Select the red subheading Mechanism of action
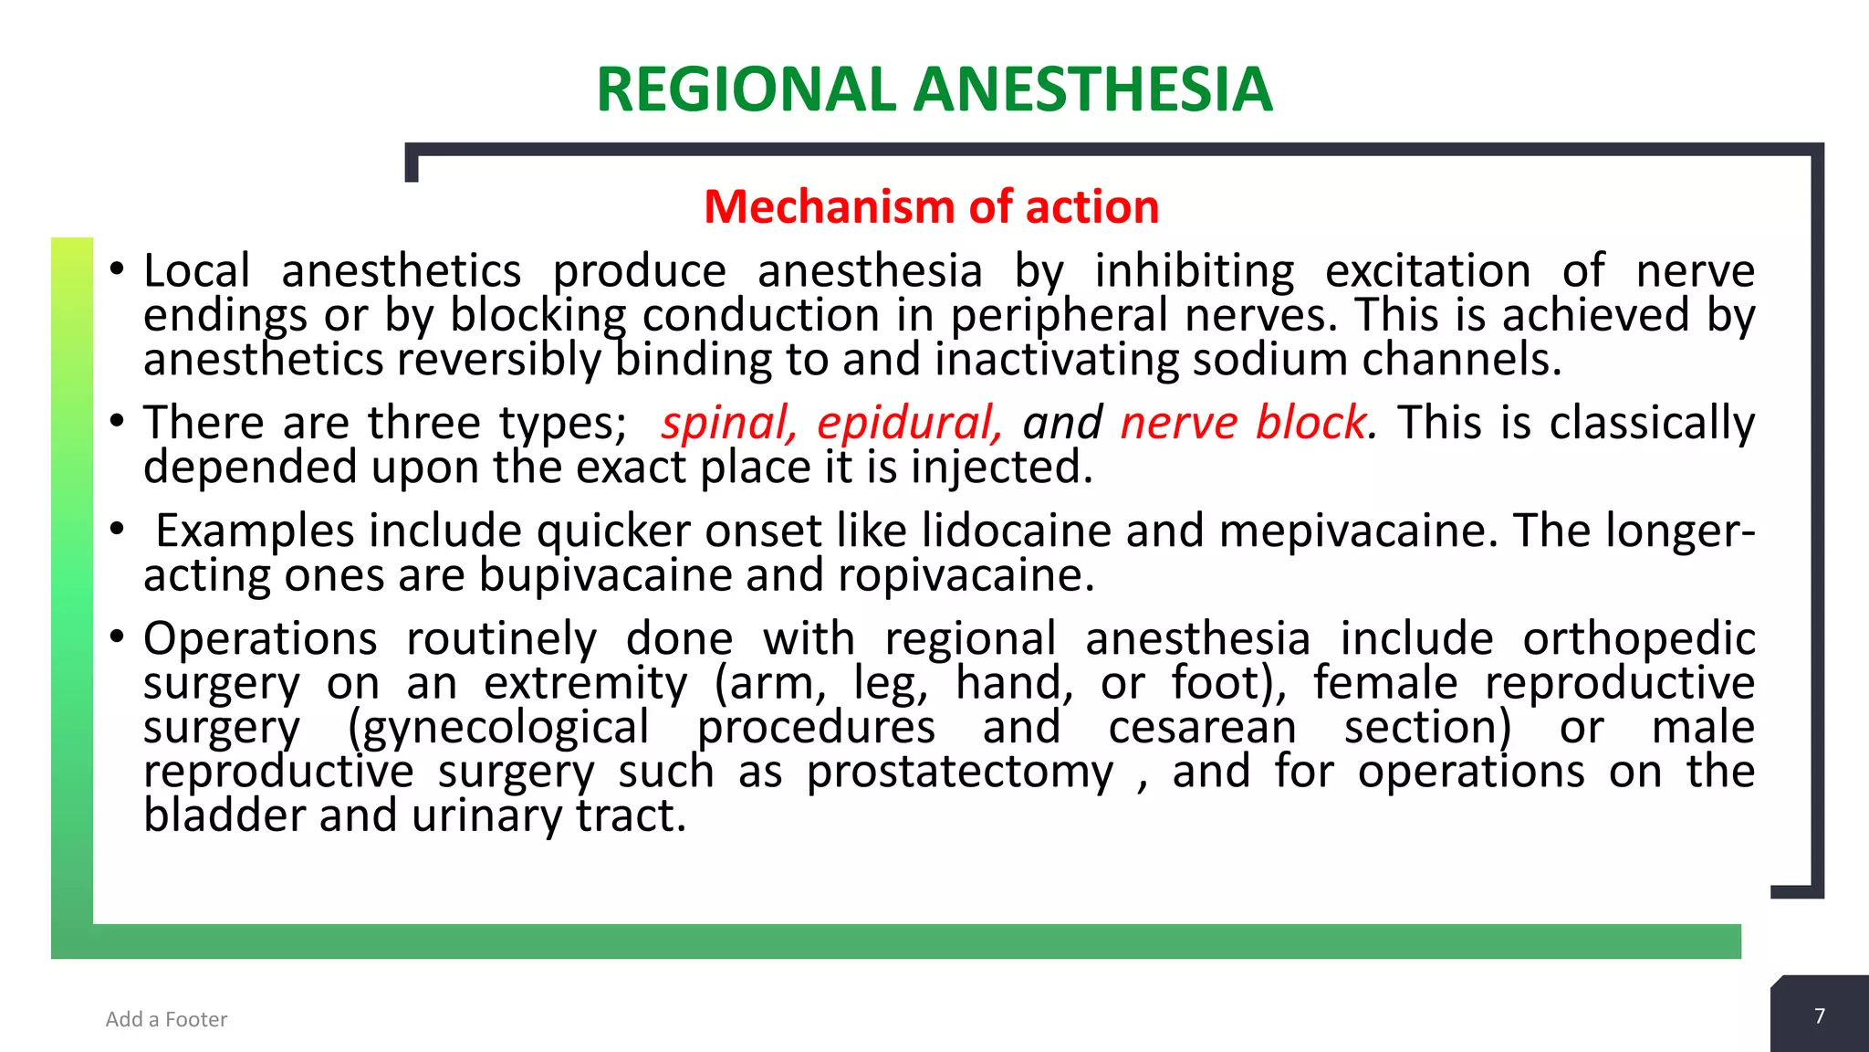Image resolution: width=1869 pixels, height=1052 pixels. click(x=932, y=206)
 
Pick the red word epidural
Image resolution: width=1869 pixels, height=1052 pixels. click(x=909, y=423)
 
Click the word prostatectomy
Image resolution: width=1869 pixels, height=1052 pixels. click(x=960, y=772)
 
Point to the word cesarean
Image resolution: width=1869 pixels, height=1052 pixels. click(x=1202, y=728)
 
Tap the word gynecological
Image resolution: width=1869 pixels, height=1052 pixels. click(x=499, y=728)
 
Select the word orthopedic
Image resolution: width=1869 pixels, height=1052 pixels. click(x=1638, y=638)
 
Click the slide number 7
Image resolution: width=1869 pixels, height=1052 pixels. click(x=1820, y=1016)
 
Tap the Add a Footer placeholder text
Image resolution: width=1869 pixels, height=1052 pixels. click(x=166, y=1019)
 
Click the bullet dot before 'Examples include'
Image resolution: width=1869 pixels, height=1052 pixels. click(x=116, y=529)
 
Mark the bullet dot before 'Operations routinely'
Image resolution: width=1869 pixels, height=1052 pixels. click(x=116, y=636)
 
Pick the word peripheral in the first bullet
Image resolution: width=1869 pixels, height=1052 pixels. click(x=1060, y=315)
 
